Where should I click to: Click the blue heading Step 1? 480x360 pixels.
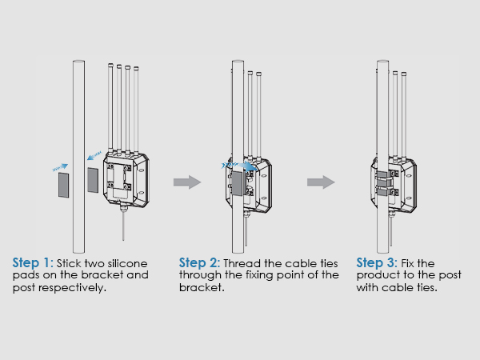tap(33, 263)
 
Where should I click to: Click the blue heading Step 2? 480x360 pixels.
tap(199, 263)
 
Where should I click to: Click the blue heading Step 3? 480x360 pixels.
tap(377, 263)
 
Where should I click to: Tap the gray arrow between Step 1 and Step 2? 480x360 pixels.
tap(187, 182)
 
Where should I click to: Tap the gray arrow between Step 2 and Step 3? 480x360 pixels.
tap(321, 182)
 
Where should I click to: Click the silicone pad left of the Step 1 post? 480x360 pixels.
tap(64, 185)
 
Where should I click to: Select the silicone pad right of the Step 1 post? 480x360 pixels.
tap(93, 180)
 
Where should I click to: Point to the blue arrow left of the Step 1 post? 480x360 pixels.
tap(60, 167)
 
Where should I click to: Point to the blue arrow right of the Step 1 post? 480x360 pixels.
tap(94, 155)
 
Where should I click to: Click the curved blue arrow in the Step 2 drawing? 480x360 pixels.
tap(240, 166)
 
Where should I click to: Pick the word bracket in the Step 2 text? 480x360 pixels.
tap(202, 287)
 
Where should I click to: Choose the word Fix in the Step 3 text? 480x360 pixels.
tap(407, 263)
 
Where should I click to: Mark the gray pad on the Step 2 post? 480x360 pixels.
tap(237, 183)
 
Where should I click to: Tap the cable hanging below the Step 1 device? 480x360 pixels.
tap(123, 225)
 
